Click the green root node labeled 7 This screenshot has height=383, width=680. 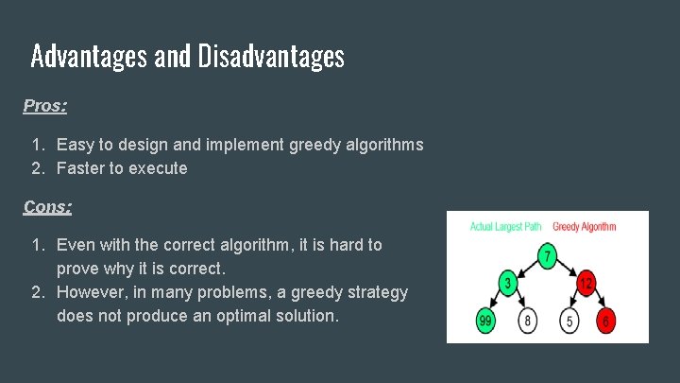click(547, 255)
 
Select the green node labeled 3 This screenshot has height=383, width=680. click(507, 284)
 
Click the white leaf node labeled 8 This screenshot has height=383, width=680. click(528, 322)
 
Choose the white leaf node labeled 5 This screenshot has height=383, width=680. click(569, 322)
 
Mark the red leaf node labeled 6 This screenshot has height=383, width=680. click(605, 322)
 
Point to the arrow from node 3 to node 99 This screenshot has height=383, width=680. click(497, 303)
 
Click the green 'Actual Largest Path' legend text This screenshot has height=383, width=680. click(506, 227)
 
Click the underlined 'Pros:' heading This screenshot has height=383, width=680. click(45, 106)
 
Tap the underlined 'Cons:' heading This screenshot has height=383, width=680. click(47, 206)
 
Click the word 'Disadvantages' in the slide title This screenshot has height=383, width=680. click(271, 57)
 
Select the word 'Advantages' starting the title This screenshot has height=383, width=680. click(88, 57)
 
